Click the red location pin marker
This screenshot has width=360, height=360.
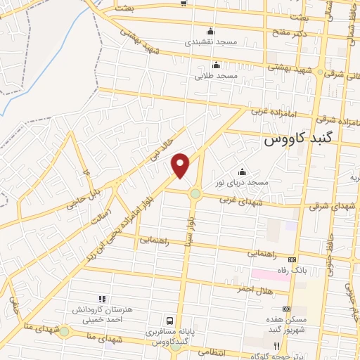(181, 165)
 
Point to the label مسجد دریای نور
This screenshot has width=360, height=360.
(243, 182)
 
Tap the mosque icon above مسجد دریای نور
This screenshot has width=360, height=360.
(243, 172)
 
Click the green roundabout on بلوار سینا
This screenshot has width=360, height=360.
(195, 194)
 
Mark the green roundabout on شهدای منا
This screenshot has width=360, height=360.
(65, 331)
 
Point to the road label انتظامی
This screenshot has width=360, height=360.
(210, 350)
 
